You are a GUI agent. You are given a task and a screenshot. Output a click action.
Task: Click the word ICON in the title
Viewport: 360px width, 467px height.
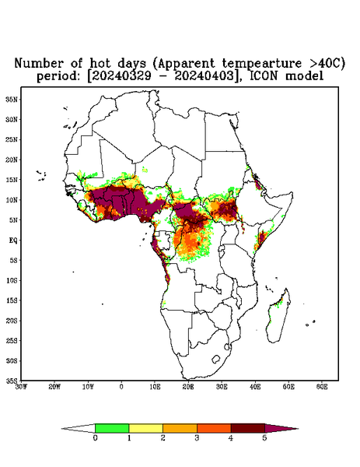coord(265,76)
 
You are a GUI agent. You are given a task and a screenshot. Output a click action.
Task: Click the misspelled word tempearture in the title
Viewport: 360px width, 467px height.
coord(262,63)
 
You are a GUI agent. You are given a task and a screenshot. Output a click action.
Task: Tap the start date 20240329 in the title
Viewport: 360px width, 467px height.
coord(121,76)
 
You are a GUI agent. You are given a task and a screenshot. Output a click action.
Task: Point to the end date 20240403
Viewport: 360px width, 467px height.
coord(204,76)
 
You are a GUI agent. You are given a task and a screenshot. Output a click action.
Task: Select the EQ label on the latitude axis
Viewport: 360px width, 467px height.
coord(13,240)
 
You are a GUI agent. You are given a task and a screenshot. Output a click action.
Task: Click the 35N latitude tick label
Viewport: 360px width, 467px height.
coord(12,99)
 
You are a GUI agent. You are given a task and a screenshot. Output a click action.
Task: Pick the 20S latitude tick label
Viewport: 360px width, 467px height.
coord(12,321)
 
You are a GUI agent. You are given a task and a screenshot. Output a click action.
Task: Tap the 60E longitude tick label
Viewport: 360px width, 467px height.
coord(322,387)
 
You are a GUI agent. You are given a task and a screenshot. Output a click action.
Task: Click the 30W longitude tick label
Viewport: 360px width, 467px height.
coord(21,387)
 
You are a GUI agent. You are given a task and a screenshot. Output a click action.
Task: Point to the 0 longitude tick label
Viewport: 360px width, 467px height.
coord(121,387)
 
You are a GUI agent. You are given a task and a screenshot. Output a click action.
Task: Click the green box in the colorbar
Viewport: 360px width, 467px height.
coord(112,428)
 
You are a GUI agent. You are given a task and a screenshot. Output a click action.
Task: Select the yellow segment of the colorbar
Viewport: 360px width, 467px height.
coord(145,428)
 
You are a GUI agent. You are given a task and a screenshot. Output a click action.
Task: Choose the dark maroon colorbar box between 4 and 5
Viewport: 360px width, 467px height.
coord(248,428)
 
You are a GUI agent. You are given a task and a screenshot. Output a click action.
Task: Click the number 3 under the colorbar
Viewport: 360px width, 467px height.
coord(197,438)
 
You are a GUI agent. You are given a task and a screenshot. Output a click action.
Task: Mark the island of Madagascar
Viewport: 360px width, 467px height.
coord(278,316)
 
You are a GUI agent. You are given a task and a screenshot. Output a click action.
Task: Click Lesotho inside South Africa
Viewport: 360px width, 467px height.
coord(215,359)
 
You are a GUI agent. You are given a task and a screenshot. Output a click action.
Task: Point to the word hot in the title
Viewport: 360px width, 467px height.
coord(100,63)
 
